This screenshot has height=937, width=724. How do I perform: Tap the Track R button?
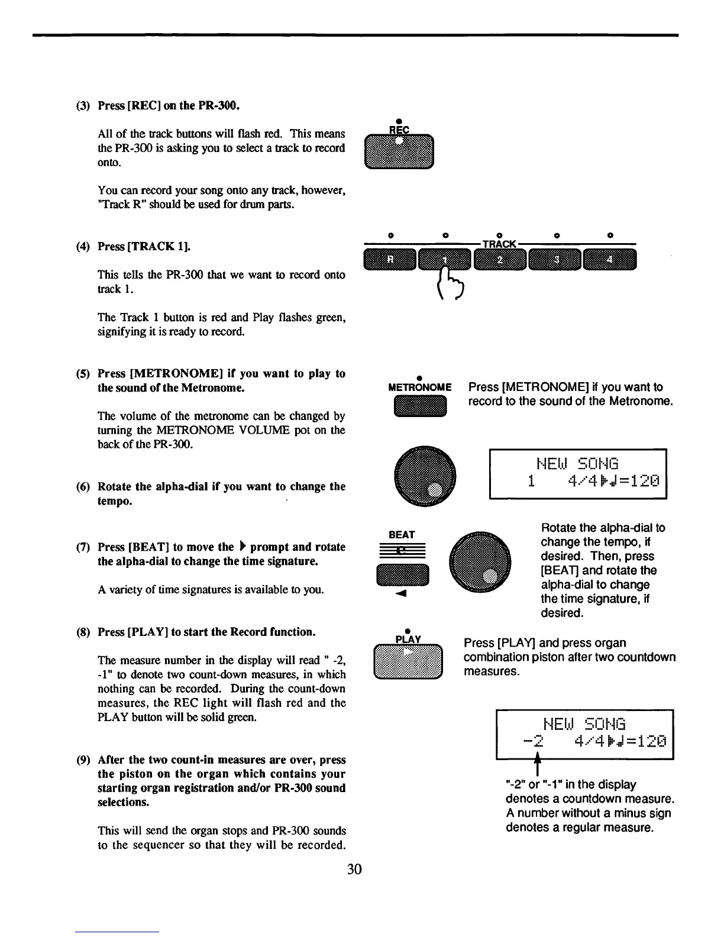tap(390, 260)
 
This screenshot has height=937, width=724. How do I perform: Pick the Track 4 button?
tap(609, 260)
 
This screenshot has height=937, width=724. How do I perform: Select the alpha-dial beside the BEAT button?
tap(480, 563)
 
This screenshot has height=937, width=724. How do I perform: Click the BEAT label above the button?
tap(402, 535)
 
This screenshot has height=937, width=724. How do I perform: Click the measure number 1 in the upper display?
tap(531, 481)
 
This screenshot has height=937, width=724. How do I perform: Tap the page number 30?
tap(354, 869)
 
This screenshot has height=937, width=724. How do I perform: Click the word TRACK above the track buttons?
tap(500, 244)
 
